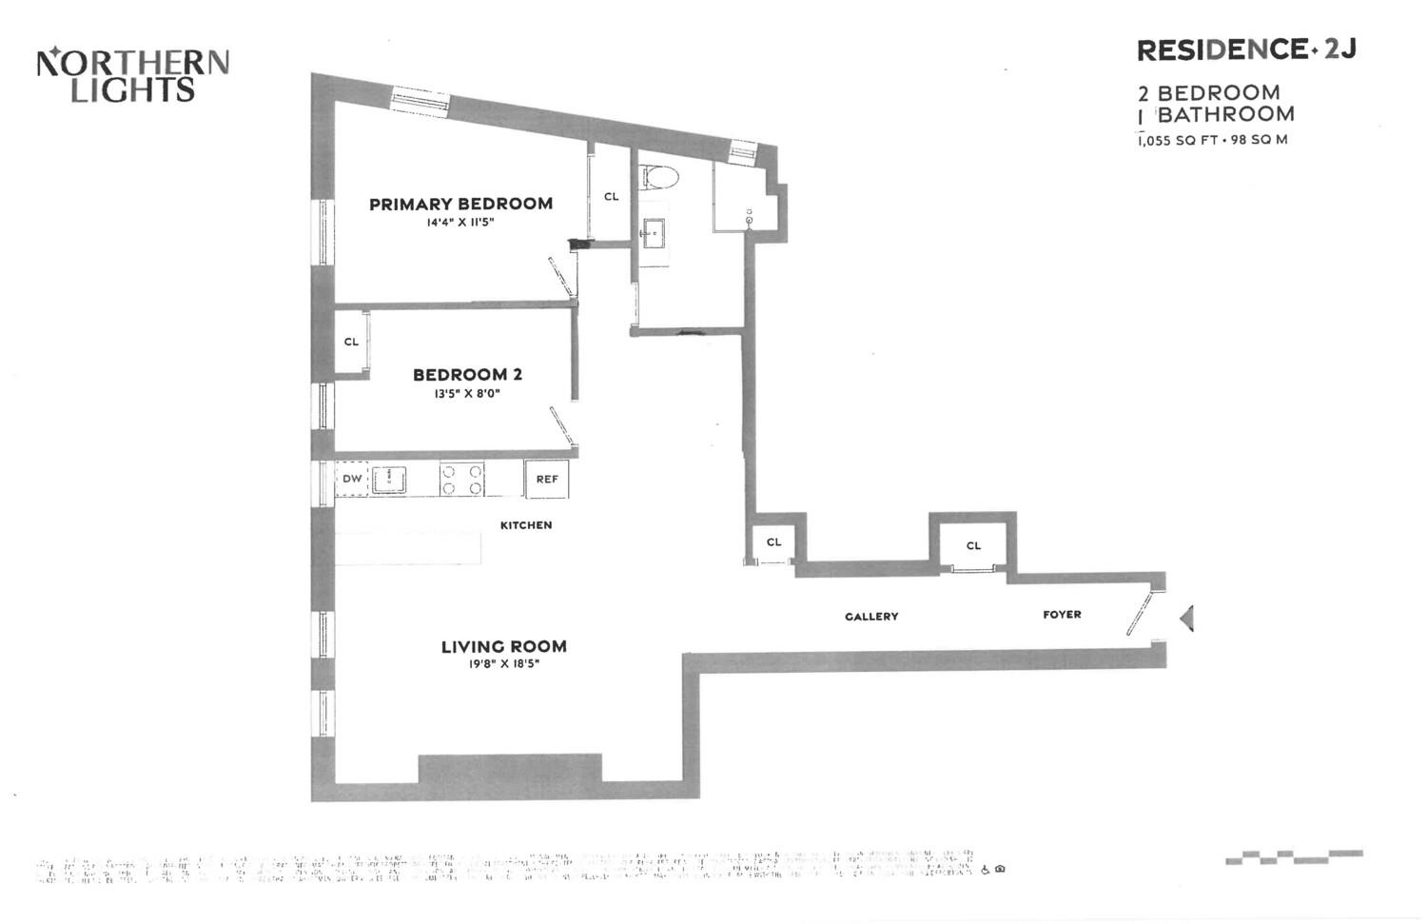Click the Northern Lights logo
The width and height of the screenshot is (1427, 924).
coord(132,75)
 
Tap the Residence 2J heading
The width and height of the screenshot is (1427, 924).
coord(1245,49)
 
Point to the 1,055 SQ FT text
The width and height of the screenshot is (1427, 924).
coord(1176,140)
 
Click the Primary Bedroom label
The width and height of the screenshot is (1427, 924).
coord(460,204)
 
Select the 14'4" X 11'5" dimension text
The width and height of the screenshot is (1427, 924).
coord(460,223)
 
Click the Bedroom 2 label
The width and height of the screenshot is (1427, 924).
coord(467,375)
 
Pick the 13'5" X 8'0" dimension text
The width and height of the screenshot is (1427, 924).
coord(467,394)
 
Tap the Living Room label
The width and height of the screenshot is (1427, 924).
coord(503,646)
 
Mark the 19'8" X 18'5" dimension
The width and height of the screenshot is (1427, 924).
coord(503,664)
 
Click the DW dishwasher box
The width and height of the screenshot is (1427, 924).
coord(352,479)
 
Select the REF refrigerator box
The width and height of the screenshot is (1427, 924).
coord(547,479)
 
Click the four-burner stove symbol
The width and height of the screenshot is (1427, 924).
coord(462,479)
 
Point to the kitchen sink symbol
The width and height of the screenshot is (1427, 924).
coord(389,480)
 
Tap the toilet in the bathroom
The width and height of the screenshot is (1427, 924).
coord(658,177)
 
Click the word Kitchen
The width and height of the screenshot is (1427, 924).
coord(526,525)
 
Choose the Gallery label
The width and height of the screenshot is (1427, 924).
coord(871,617)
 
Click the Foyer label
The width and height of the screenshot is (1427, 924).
coord(1062,615)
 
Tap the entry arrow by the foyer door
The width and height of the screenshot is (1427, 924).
coord(1186,619)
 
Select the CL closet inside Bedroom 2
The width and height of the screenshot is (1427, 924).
coord(351,343)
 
